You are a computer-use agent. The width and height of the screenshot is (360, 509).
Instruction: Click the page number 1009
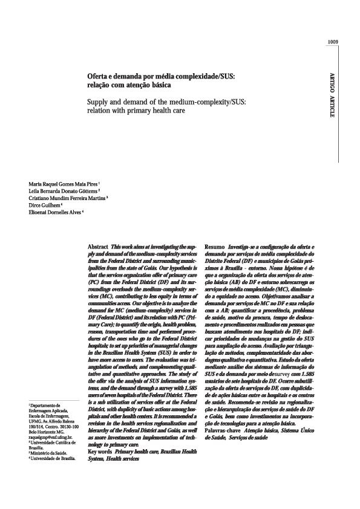click(332, 42)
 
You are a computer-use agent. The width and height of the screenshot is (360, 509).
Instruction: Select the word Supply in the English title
click(99, 101)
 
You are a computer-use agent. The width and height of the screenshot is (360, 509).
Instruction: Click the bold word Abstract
click(98, 248)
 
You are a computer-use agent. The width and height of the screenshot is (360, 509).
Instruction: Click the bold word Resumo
click(215, 248)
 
